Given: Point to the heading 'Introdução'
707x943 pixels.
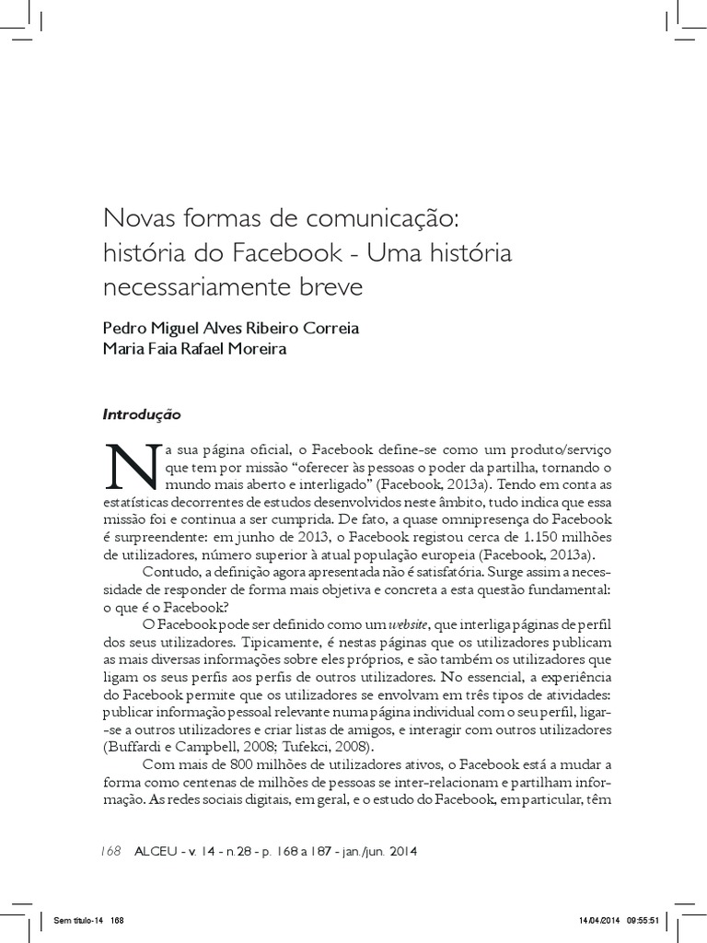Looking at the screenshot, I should [x=142, y=414].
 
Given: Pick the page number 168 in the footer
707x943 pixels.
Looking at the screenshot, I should [x=110, y=852].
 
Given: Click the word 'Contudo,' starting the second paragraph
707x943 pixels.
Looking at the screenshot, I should [x=168, y=572].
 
